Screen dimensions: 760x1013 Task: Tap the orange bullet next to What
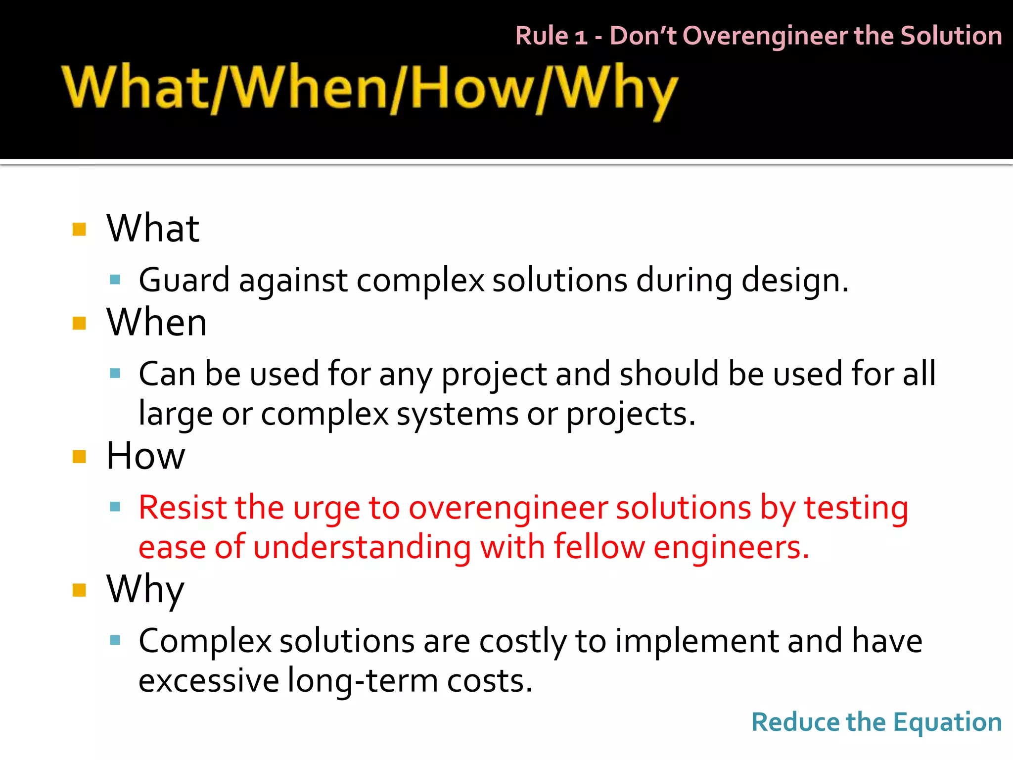click(79, 229)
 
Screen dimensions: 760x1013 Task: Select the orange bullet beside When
click(79, 323)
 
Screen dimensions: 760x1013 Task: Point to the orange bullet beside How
click(79, 456)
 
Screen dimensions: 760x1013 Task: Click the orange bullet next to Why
click(79, 590)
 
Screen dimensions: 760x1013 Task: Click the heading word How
click(145, 456)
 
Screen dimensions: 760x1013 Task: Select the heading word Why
click(145, 590)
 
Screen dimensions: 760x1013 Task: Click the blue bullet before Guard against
click(115, 280)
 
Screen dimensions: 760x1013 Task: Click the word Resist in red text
click(181, 508)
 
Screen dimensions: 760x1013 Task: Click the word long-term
click(363, 681)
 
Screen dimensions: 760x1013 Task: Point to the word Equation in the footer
click(947, 722)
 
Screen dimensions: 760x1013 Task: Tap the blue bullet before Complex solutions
click(115, 641)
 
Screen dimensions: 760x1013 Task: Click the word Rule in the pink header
click(542, 36)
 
